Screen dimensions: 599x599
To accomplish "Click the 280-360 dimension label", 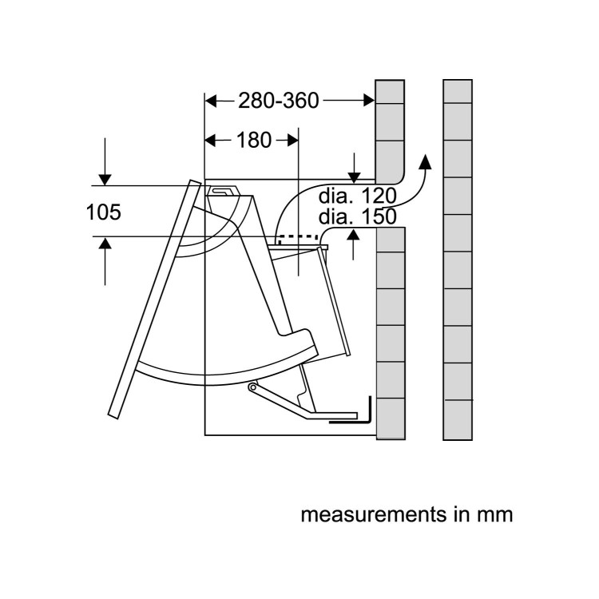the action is (279, 101).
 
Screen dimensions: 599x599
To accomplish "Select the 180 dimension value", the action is (254, 141).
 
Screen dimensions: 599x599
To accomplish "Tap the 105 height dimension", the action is (104, 212).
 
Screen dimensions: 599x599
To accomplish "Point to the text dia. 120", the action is (358, 196).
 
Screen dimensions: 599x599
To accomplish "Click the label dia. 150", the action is (358, 216).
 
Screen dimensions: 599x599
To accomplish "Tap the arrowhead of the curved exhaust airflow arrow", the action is (425, 161).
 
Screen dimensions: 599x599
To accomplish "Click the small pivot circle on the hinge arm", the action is (252, 387).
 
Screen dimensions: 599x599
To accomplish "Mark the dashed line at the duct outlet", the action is (299, 236).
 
